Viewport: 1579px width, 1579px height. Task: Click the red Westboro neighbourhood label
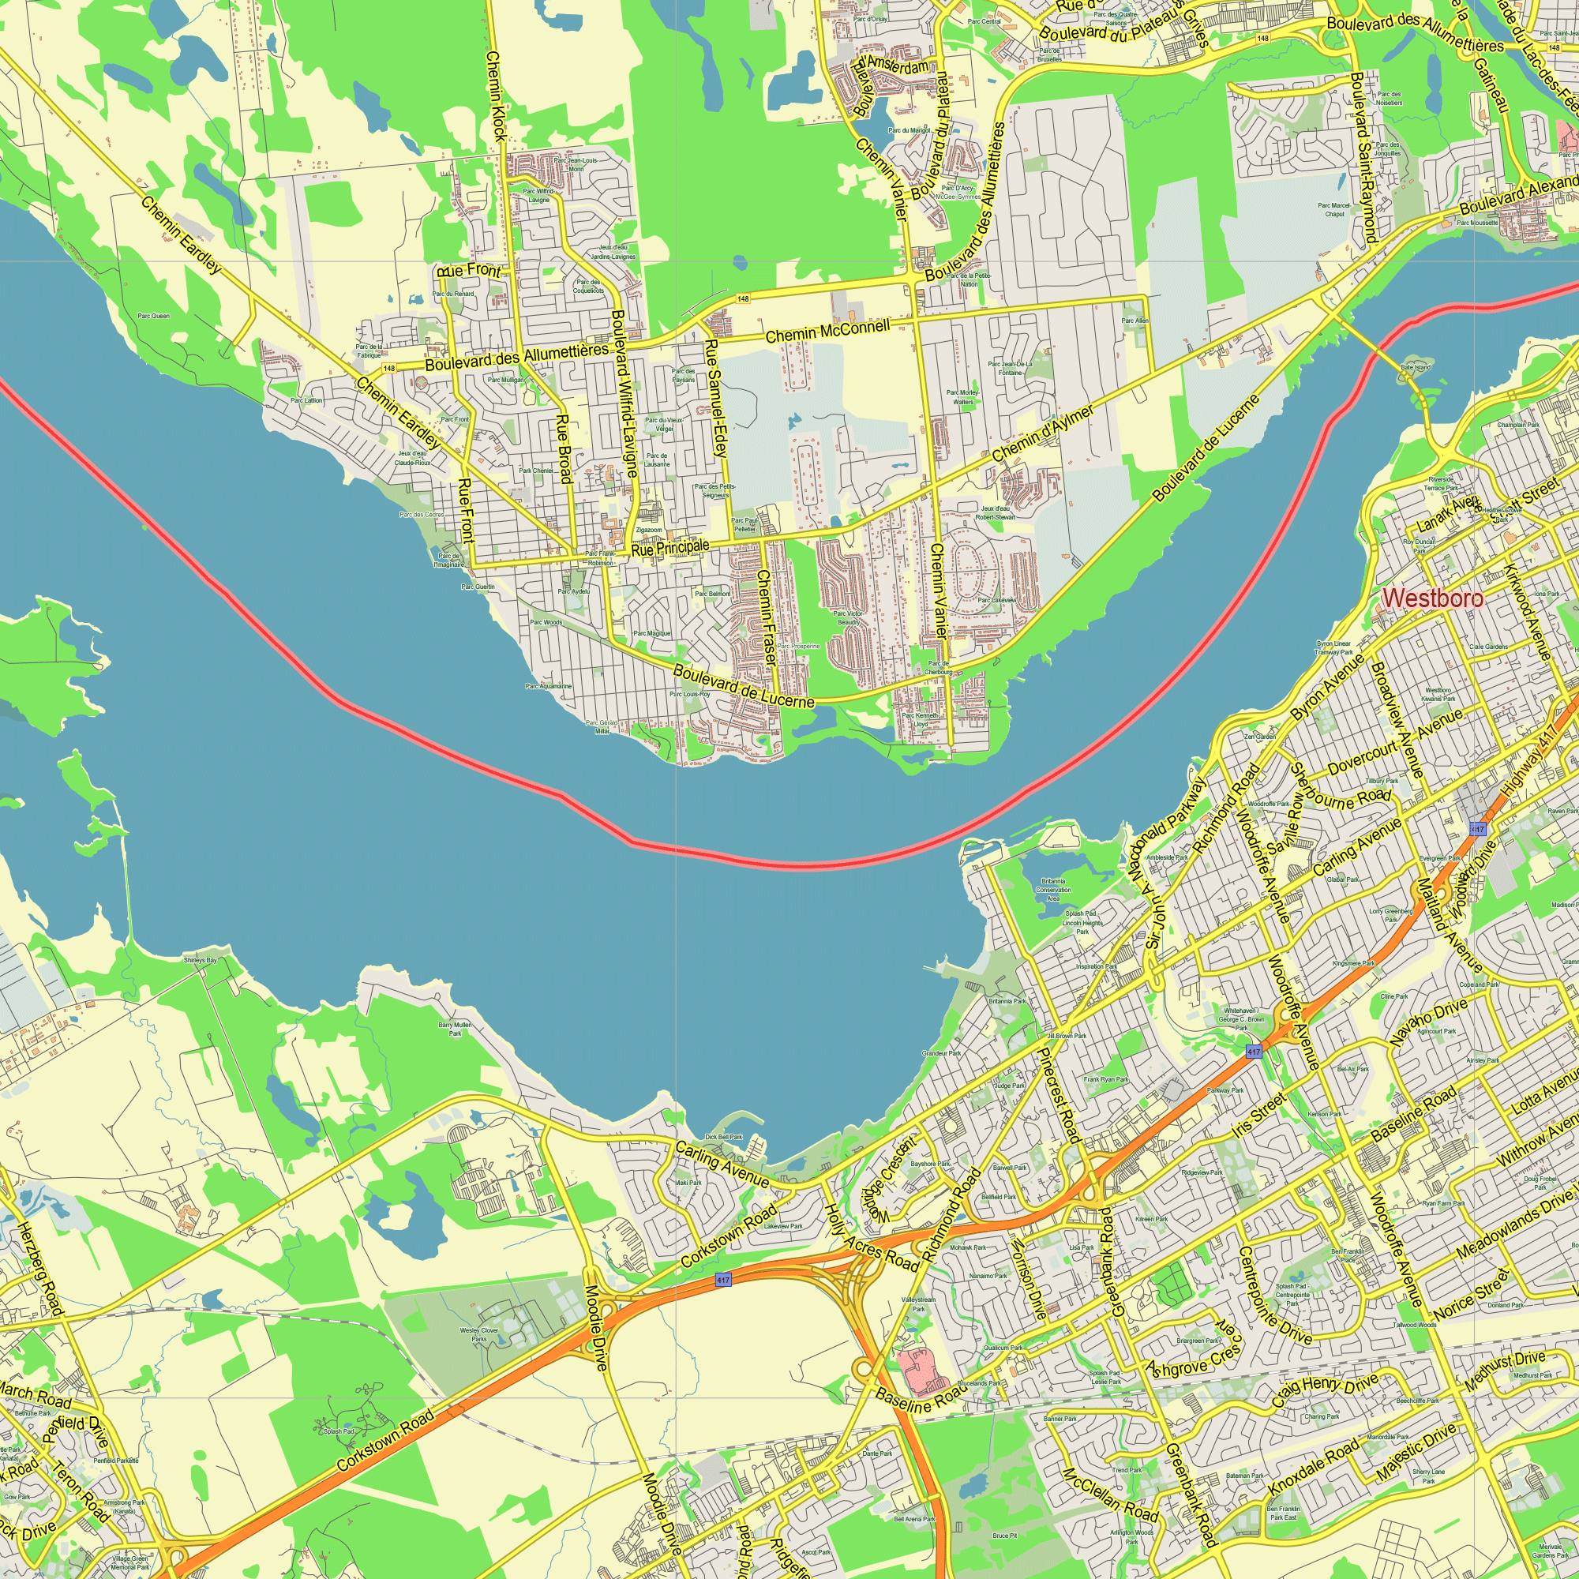click(x=1433, y=598)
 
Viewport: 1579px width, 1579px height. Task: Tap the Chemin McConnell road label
click(x=827, y=332)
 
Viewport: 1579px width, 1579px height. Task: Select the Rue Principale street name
click(x=670, y=548)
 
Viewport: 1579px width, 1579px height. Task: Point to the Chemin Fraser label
click(x=766, y=617)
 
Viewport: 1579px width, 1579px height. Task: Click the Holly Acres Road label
click(x=872, y=1237)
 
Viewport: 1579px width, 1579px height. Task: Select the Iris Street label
click(x=1259, y=1115)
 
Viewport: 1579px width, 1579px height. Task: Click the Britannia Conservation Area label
click(x=1053, y=890)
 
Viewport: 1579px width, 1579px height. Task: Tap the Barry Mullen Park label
click(x=455, y=1029)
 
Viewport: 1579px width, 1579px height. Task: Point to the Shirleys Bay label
click(x=201, y=960)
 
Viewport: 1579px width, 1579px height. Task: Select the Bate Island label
click(x=1416, y=368)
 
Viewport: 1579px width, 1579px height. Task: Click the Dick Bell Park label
click(x=723, y=1137)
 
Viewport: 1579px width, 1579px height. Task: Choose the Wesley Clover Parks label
click(x=479, y=1334)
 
